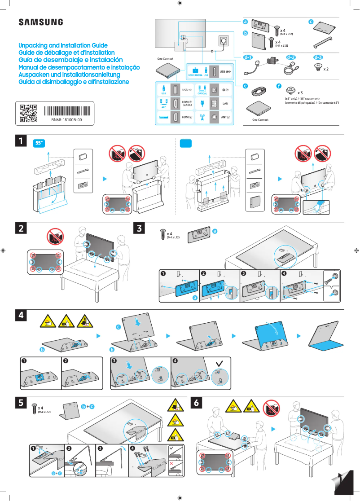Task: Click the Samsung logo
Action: point(40,22)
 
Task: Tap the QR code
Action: point(28,113)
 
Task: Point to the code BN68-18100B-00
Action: point(66,121)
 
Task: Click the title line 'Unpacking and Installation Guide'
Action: point(63,46)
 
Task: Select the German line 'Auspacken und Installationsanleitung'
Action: point(69,75)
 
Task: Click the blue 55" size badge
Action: point(40,143)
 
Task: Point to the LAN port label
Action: point(226,104)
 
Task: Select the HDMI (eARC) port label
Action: point(187,104)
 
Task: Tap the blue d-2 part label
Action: point(291,57)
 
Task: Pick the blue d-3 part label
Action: point(318,57)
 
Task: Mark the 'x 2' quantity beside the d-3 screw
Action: point(326,70)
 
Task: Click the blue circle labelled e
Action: point(245,86)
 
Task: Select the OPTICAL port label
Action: point(202,94)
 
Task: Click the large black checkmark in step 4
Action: point(219,361)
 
